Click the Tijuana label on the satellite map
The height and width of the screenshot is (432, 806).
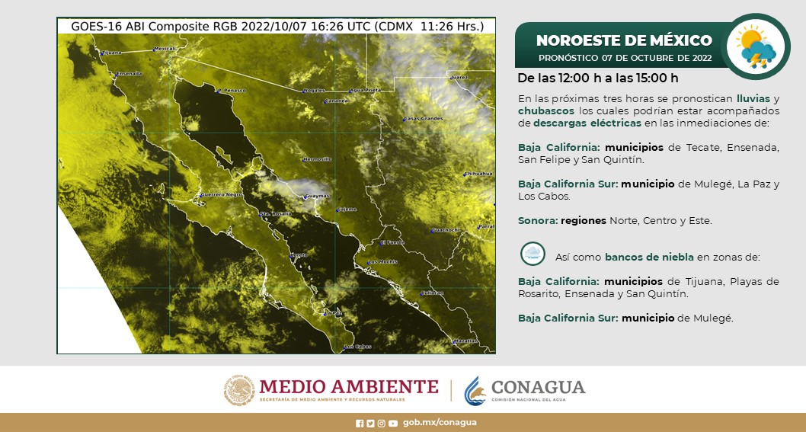click(112, 53)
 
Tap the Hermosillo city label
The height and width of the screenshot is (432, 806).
click(317, 160)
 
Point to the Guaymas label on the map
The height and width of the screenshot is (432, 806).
click(316, 197)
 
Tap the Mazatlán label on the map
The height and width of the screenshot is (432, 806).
click(465, 341)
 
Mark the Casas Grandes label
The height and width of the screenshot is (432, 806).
click(423, 119)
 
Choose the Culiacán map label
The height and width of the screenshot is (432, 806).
click(431, 292)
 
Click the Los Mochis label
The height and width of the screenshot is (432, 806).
click(382, 262)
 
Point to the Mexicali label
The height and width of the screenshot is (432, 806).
click(165, 49)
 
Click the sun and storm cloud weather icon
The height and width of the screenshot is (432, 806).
click(755, 46)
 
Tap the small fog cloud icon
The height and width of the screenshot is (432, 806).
click(532, 254)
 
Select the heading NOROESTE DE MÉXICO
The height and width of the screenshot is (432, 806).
click(624, 40)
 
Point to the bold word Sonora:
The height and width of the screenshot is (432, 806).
click(537, 221)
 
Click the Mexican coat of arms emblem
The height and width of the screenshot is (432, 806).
click(238, 390)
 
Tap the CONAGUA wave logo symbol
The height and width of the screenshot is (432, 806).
click(476, 389)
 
